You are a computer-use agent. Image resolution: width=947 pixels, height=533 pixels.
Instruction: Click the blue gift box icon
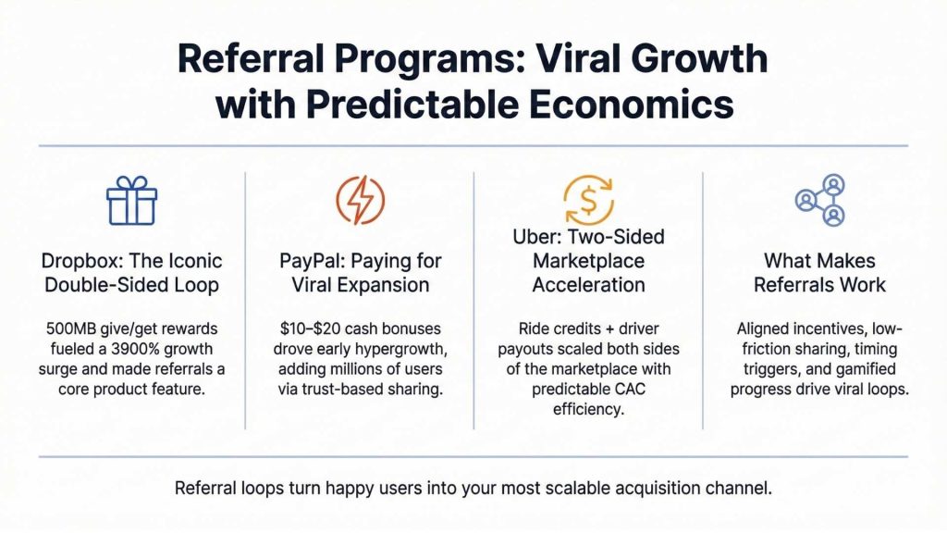[x=131, y=201]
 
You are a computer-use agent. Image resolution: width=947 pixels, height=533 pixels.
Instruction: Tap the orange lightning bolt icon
[x=359, y=200]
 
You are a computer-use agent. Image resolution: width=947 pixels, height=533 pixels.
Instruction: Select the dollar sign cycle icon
[x=587, y=199]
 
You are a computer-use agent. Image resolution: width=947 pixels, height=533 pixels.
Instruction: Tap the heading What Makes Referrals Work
[x=819, y=273]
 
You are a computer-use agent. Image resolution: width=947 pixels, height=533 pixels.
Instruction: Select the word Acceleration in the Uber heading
[x=587, y=285]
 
